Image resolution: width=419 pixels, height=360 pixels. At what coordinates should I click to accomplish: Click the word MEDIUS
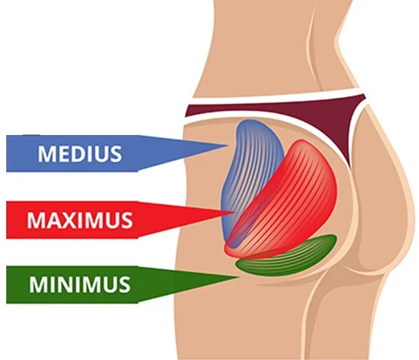pos(79,153)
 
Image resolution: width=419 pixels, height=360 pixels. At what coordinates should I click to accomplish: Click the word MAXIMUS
pos(79,219)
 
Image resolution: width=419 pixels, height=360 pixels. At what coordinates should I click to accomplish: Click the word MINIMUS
pos(79,285)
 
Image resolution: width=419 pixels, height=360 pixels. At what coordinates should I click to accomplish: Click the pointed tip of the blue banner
pos(227,148)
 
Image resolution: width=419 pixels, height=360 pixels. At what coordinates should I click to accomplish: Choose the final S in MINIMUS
pos(124,285)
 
